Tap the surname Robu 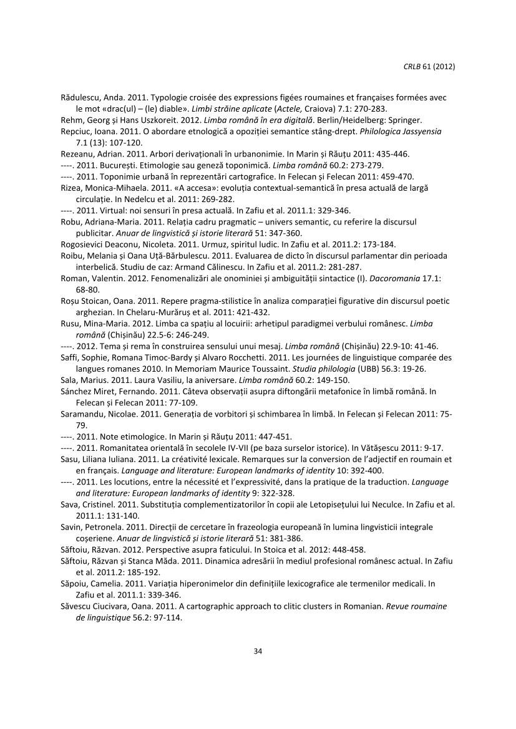pyautogui.click(x=71, y=221)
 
